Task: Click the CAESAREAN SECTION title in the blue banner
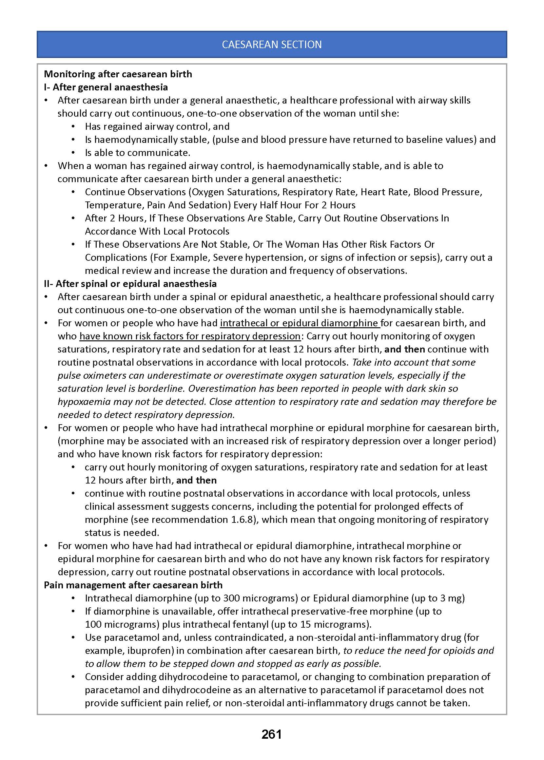pyautogui.click(x=272, y=45)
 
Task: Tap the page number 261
pyautogui.click(x=272, y=734)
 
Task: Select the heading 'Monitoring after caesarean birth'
pyautogui.click(x=118, y=74)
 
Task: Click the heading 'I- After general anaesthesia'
pyautogui.click(x=106, y=87)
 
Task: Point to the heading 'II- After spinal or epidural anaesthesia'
pyautogui.click(x=130, y=284)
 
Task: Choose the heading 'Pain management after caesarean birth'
pyautogui.click(x=133, y=585)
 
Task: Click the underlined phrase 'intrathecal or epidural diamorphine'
pyautogui.click(x=299, y=323)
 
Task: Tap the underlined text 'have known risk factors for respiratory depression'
pyautogui.click(x=190, y=336)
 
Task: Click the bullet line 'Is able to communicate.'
pyautogui.click(x=137, y=153)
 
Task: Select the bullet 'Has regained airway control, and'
pyautogui.click(x=157, y=126)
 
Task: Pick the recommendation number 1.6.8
pyautogui.click(x=243, y=520)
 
